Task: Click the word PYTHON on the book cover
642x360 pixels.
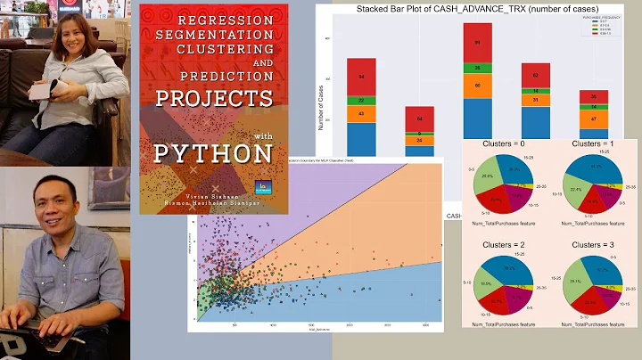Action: [212, 152]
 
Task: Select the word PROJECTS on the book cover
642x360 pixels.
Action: [213, 96]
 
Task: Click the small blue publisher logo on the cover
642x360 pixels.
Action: [262, 188]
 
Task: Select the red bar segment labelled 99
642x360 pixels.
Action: [477, 42]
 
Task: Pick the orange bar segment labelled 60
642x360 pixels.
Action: [477, 86]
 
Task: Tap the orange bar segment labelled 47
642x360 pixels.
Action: [594, 118]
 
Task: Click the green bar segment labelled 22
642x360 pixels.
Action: [361, 102]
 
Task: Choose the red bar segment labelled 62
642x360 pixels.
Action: [535, 75]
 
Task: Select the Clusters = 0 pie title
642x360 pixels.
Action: [503, 143]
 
